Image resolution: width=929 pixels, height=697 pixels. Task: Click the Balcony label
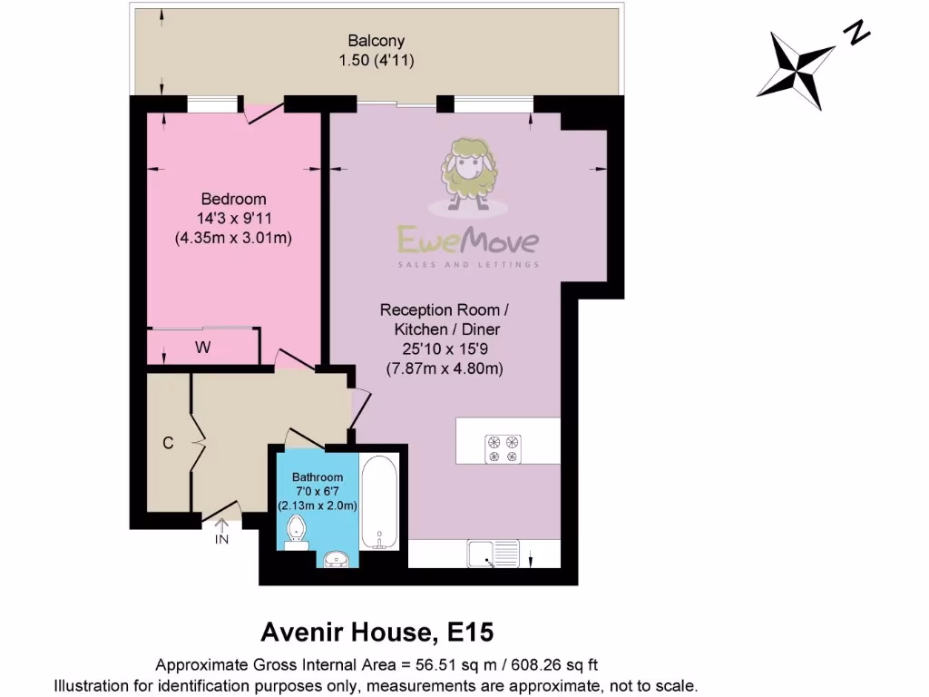[x=376, y=41]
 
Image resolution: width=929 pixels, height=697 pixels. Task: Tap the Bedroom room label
[x=233, y=200]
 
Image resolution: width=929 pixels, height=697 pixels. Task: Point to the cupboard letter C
[x=168, y=444]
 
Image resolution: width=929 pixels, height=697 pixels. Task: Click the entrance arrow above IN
[x=221, y=524]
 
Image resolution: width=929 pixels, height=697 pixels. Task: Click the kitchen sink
[x=494, y=553]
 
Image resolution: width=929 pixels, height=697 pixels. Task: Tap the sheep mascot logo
[x=467, y=171]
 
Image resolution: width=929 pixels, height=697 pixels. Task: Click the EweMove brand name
[x=468, y=241]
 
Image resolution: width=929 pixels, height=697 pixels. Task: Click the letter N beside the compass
[x=856, y=34]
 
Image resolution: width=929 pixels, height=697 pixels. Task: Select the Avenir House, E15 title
[x=377, y=631]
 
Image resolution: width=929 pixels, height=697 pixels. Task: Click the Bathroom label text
[x=318, y=477]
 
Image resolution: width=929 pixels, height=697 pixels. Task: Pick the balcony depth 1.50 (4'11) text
[x=376, y=60]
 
